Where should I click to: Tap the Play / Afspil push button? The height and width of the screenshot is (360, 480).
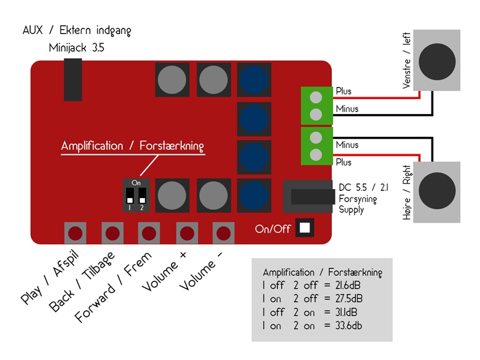pos(75,232)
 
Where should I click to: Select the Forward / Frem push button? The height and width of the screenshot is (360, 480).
pos(149,232)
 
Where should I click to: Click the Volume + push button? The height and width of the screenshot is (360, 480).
pos(187,232)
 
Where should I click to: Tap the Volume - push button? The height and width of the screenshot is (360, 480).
pos(224,232)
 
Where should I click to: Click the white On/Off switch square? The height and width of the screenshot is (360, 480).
pos(305,228)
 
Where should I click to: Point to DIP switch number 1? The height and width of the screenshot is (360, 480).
pos(130,196)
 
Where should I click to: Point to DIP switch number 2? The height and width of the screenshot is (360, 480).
pos(142,194)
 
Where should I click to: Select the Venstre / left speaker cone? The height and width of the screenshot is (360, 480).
pos(438,61)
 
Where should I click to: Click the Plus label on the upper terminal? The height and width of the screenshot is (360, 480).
pos(344,91)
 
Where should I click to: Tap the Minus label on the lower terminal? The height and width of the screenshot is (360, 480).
pos(347,145)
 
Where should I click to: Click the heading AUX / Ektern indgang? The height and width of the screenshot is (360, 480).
pos(76,30)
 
